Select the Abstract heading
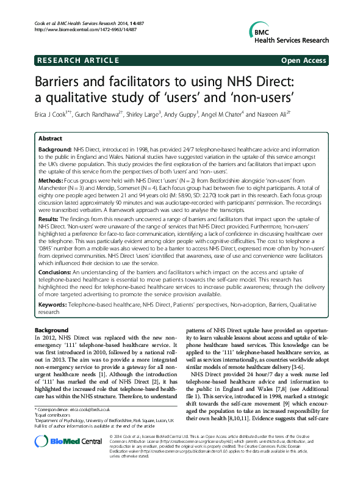point(50,139)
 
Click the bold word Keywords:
point(55,303)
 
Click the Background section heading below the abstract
point(52,330)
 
